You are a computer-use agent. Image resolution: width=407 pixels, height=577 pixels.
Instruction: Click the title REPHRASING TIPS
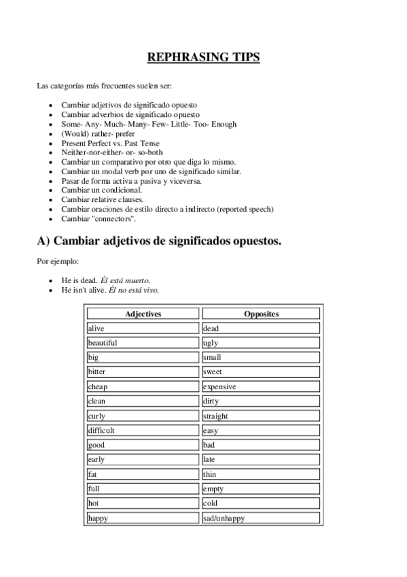point(203,58)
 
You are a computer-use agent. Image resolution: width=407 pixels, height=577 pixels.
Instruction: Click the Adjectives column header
point(143,314)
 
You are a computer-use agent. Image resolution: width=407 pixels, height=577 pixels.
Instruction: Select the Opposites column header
point(261,314)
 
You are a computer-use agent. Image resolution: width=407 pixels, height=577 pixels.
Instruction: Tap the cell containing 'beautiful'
point(143,343)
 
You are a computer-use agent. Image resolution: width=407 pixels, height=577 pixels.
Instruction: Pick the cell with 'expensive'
point(261,386)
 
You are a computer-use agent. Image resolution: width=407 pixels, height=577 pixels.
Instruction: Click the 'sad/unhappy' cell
point(261,518)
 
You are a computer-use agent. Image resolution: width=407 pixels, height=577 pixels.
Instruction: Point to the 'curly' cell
point(143,416)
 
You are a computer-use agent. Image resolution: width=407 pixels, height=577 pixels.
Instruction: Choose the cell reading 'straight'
point(261,416)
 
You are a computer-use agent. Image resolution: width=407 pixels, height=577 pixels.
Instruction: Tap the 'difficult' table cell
point(143,430)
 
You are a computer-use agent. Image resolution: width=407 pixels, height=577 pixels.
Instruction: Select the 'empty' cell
point(261,489)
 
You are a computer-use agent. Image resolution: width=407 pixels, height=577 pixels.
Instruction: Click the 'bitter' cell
point(143,372)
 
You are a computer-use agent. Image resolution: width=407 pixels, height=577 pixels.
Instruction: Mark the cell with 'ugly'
point(261,343)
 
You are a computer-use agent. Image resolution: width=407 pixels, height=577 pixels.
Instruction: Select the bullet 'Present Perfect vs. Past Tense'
point(110,144)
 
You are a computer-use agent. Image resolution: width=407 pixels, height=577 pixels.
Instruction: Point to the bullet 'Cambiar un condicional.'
point(101,191)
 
